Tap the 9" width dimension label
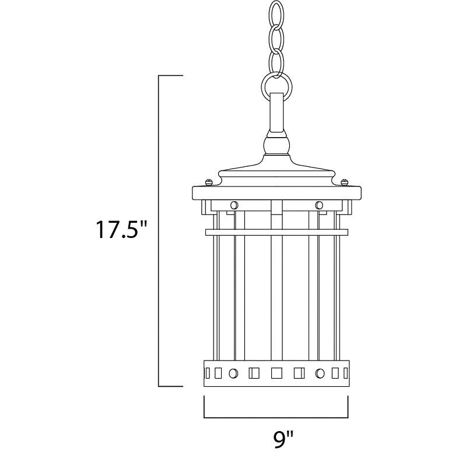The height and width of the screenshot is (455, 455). pos(283,441)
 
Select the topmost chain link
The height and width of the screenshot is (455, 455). pos(276,14)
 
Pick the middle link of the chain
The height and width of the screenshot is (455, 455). pos(276,38)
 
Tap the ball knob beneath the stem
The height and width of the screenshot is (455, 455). pos(276,143)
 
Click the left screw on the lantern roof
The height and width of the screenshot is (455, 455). pos(209,183)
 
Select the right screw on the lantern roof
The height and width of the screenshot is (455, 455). pos(345,183)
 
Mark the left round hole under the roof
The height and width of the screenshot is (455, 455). pos(234,205)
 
